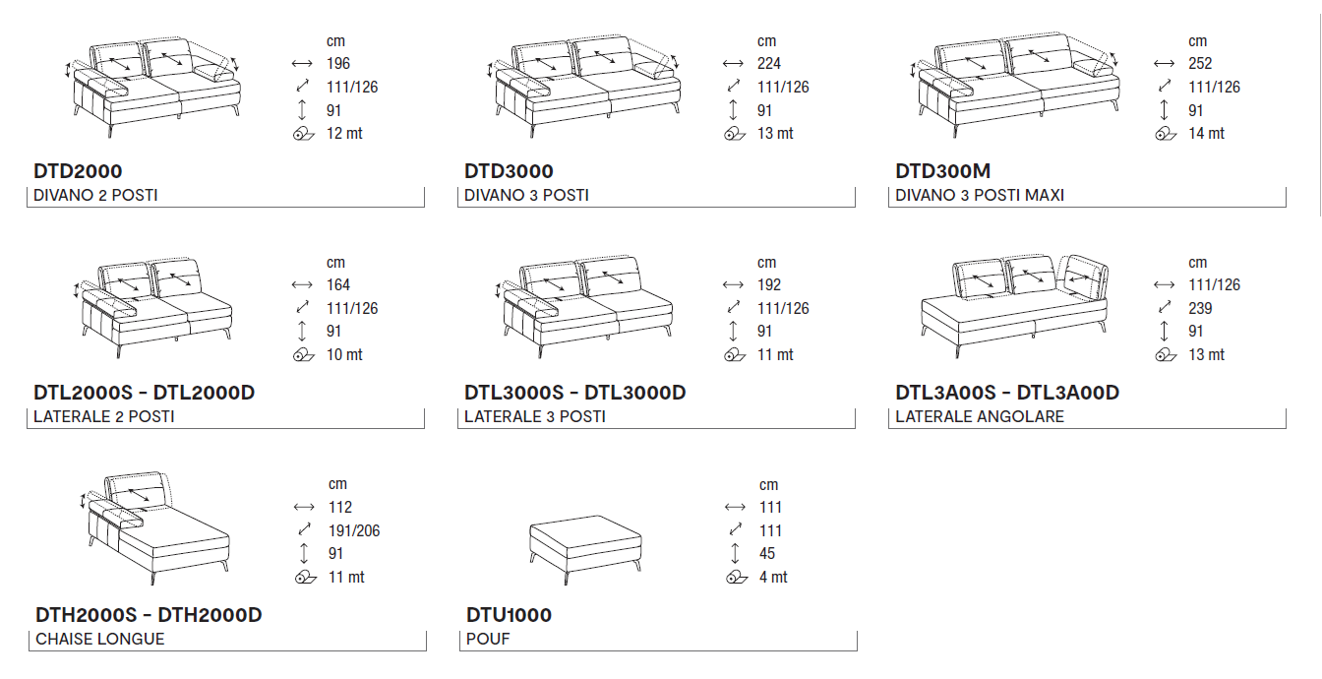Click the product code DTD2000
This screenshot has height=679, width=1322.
(x=78, y=171)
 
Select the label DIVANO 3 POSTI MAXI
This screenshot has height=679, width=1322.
(x=980, y=195)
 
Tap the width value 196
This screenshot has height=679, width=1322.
(x=338, y=64)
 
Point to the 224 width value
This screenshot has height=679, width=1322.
(x=769, y=64)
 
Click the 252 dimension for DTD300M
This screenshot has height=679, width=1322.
(x=1200, y=64)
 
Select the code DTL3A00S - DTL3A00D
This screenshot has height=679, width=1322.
(x=1007, y=393)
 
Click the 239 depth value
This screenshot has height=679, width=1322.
(x=1200, y=308)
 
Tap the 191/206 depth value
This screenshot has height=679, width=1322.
(x=354, y=530)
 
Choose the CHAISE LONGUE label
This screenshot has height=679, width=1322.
(x=100, y=639)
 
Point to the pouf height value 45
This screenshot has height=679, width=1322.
(x=767, y=554)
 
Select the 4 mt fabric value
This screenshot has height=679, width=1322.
(x=773, y=578)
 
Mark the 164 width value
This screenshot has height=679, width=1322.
(x=338, y=285)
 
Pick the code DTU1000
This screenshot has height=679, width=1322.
(x=509, y=615)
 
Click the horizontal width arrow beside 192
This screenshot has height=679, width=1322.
(x=733, y=285)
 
